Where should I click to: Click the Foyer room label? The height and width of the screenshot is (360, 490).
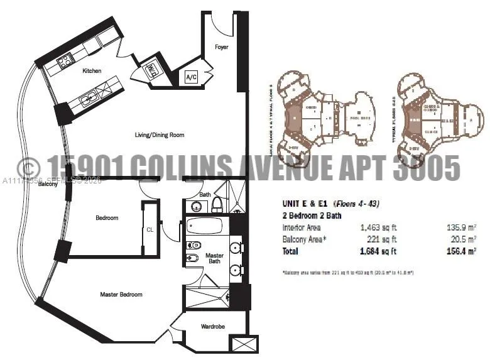pyautogui.click(x=221, y=47)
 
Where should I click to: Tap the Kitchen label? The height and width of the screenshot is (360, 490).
pyautogui.click(x=92, y=71)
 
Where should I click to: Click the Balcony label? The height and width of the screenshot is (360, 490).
pyautogui.click(x=48, y=184)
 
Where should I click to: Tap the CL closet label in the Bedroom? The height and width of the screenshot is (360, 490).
pyautogui.click(x=150, y=229)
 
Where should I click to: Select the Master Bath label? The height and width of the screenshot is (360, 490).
pyautogui.click(x=215, y=258)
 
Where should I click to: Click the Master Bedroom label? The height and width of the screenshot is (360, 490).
pyautogui.click(x=121, y=294)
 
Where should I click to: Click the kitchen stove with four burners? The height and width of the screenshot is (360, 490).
pyautogui.click(x=64, y=62)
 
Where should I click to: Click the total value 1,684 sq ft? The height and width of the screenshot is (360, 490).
pyautogui.click(x=379, y=251)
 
